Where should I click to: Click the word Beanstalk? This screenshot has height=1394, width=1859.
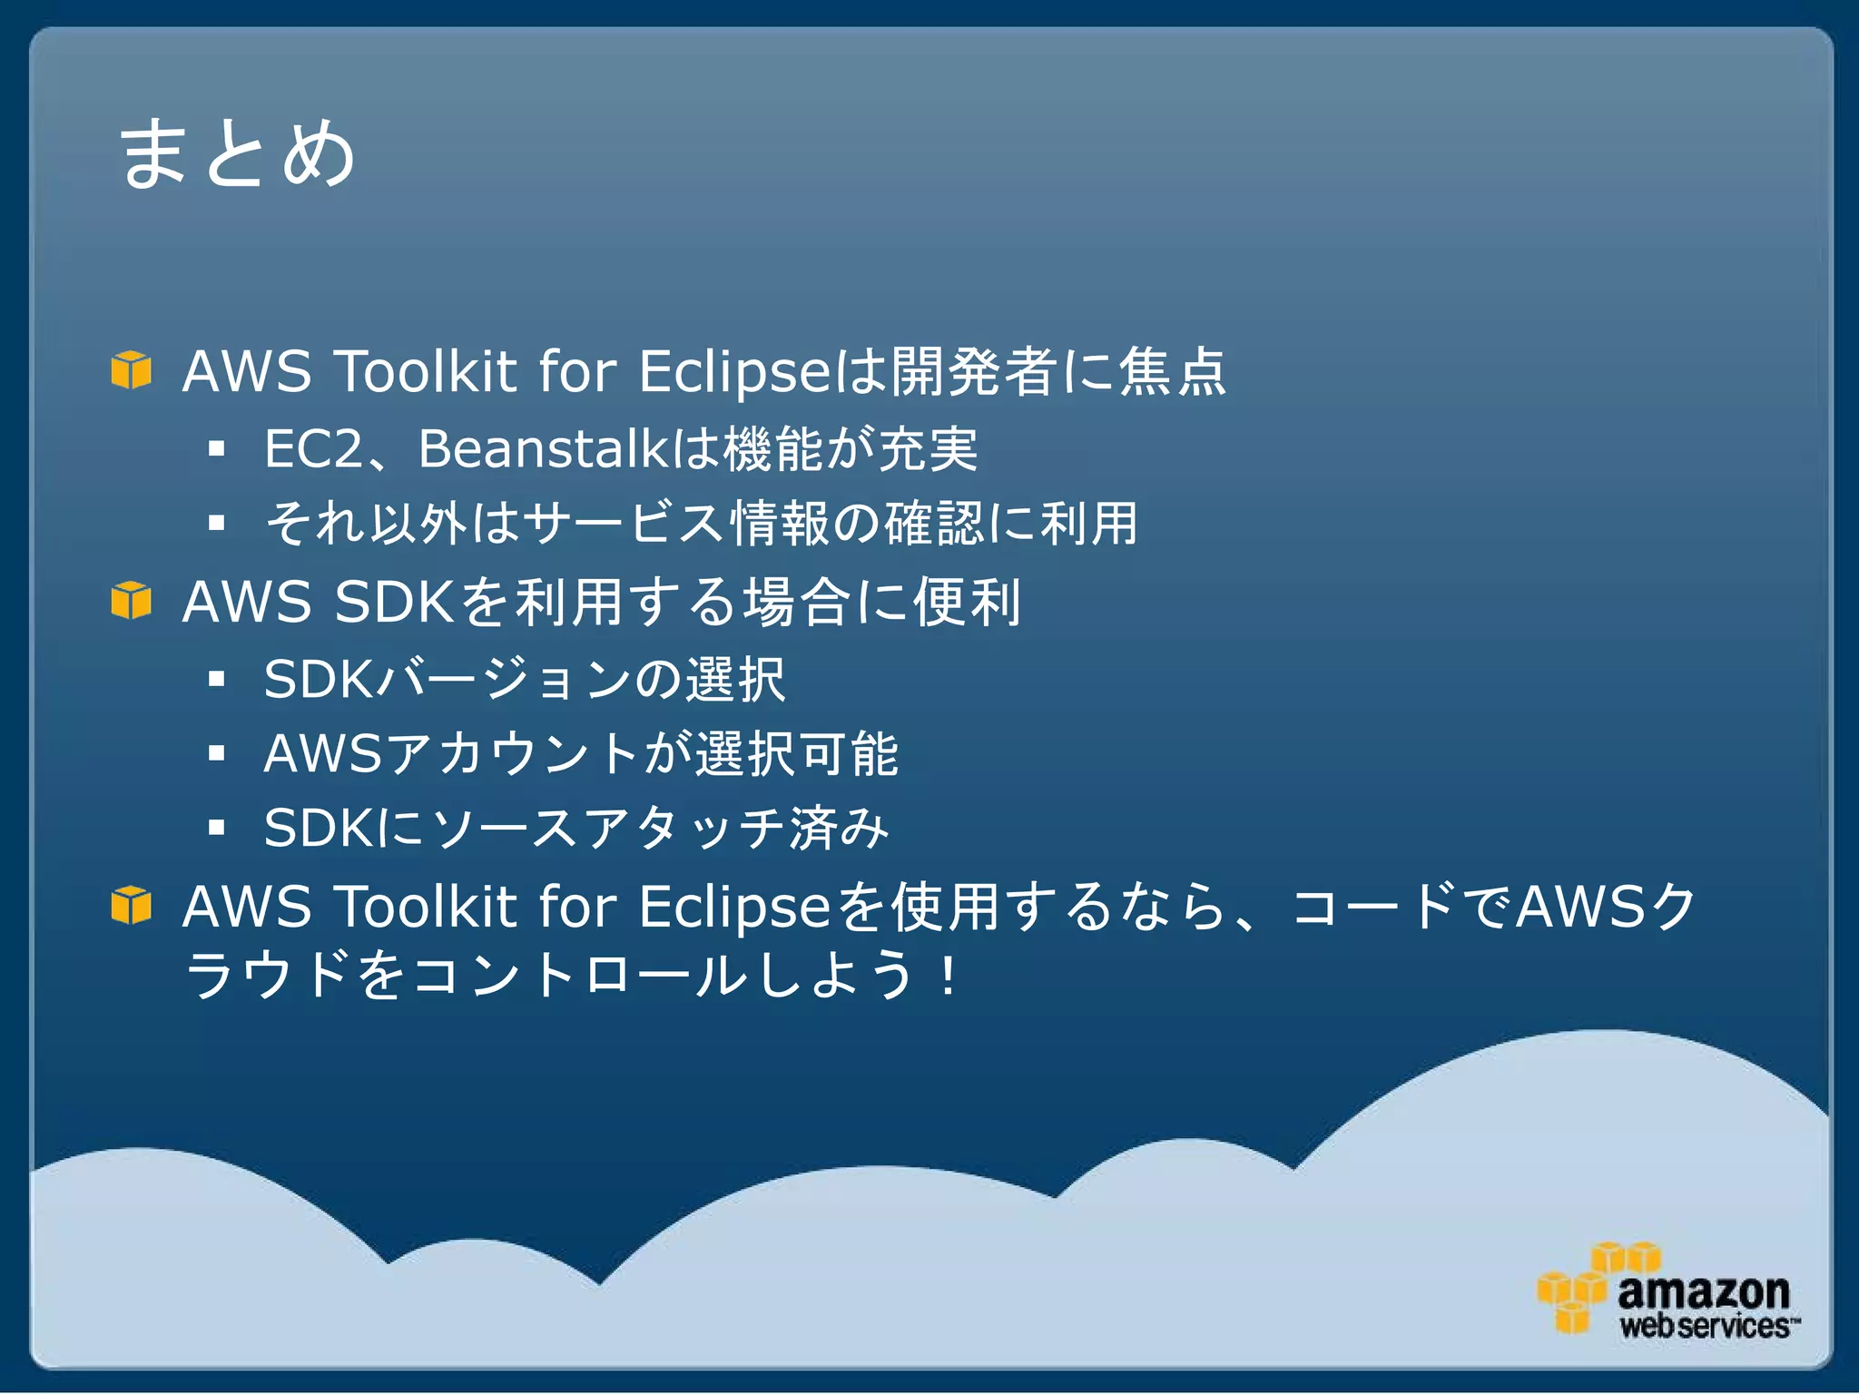click(x=542, y=449)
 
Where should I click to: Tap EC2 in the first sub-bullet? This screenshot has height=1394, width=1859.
click(x=312, y=449)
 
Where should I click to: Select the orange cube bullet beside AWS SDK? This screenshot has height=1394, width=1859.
click(x=131, y=600)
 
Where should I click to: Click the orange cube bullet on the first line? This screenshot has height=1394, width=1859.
click(x=131, y=369)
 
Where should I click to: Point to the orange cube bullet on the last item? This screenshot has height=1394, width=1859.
click(x=131, y=905)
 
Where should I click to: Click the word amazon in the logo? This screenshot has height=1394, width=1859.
click(x=1703, y=1290)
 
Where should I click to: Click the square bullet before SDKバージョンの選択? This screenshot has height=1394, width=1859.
click(x=216, y=679)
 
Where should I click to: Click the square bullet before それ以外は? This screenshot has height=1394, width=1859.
click(x=216, y=523)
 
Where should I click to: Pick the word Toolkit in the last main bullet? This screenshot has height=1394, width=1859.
click(x=426, y=907)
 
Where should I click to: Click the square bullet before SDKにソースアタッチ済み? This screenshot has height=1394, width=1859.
click(x=216, y=828)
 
